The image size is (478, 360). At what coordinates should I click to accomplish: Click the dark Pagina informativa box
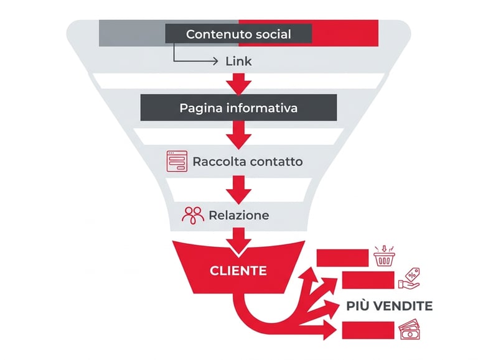pos(238,108)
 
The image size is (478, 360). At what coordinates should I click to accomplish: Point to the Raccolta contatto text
pos(247,162)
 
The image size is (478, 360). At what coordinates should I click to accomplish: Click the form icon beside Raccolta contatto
pos(177,161)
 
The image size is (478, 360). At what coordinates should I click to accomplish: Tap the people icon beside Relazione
pos(193,215)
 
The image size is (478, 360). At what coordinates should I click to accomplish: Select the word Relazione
pos(239,216)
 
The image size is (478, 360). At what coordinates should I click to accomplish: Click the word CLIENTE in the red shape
pos(238,271)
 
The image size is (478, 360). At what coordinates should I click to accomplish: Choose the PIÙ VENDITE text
pos(389,306)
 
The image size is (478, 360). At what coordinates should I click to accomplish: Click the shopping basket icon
pos(384,256)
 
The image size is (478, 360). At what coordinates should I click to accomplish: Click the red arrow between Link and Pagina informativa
pos(238,83)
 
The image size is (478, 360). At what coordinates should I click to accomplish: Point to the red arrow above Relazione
pos(238,189)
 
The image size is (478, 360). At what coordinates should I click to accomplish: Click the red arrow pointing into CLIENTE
pos(238,241)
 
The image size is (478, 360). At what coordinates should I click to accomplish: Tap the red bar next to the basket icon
pos(342,257)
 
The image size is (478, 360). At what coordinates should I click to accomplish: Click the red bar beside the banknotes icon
pos(368,330)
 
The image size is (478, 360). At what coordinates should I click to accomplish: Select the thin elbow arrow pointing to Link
pos(187,58)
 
